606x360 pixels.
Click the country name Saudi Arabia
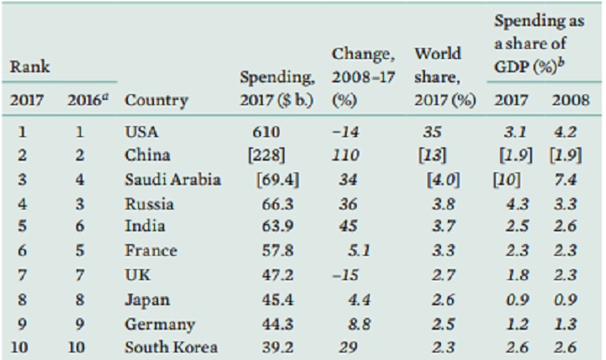tap(172, 178)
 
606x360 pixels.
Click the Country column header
tap(156, 100)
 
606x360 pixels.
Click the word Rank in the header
tap(29, 65)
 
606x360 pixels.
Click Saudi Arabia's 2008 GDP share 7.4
tap(563, 178)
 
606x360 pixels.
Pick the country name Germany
tap(159, 324)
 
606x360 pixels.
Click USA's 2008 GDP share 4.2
tap(563, 131)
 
